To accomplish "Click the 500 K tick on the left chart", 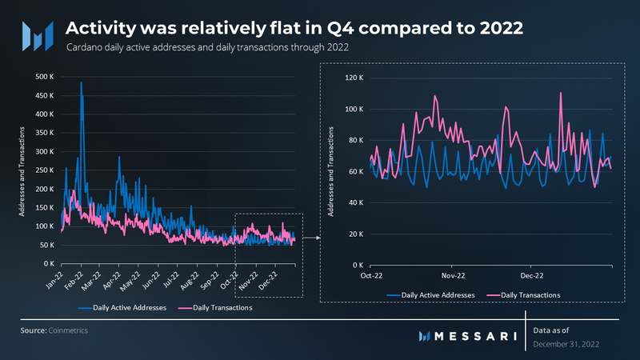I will pyautogui.click(x=45, y=77).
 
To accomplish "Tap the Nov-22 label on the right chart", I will pyautogui.click(x=453, y=274).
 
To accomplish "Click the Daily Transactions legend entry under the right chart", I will pyautogui.click(x=530, y=294).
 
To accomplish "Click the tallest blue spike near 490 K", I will pyautogui.click(x=81, y=82).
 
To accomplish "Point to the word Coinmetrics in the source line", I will pyautogui.click(x=70, y=330).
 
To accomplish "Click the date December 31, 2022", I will pyautogui.click(x=565, y=343).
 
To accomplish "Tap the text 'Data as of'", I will pyautogui.click(x=553, y=329).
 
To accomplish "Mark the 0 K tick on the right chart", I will pyautogui.click(x=359, y=265).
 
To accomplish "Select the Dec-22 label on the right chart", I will pyautogui.click(x=531, y=274).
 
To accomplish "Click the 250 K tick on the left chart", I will pyautogui.click(x=45, y=170).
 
